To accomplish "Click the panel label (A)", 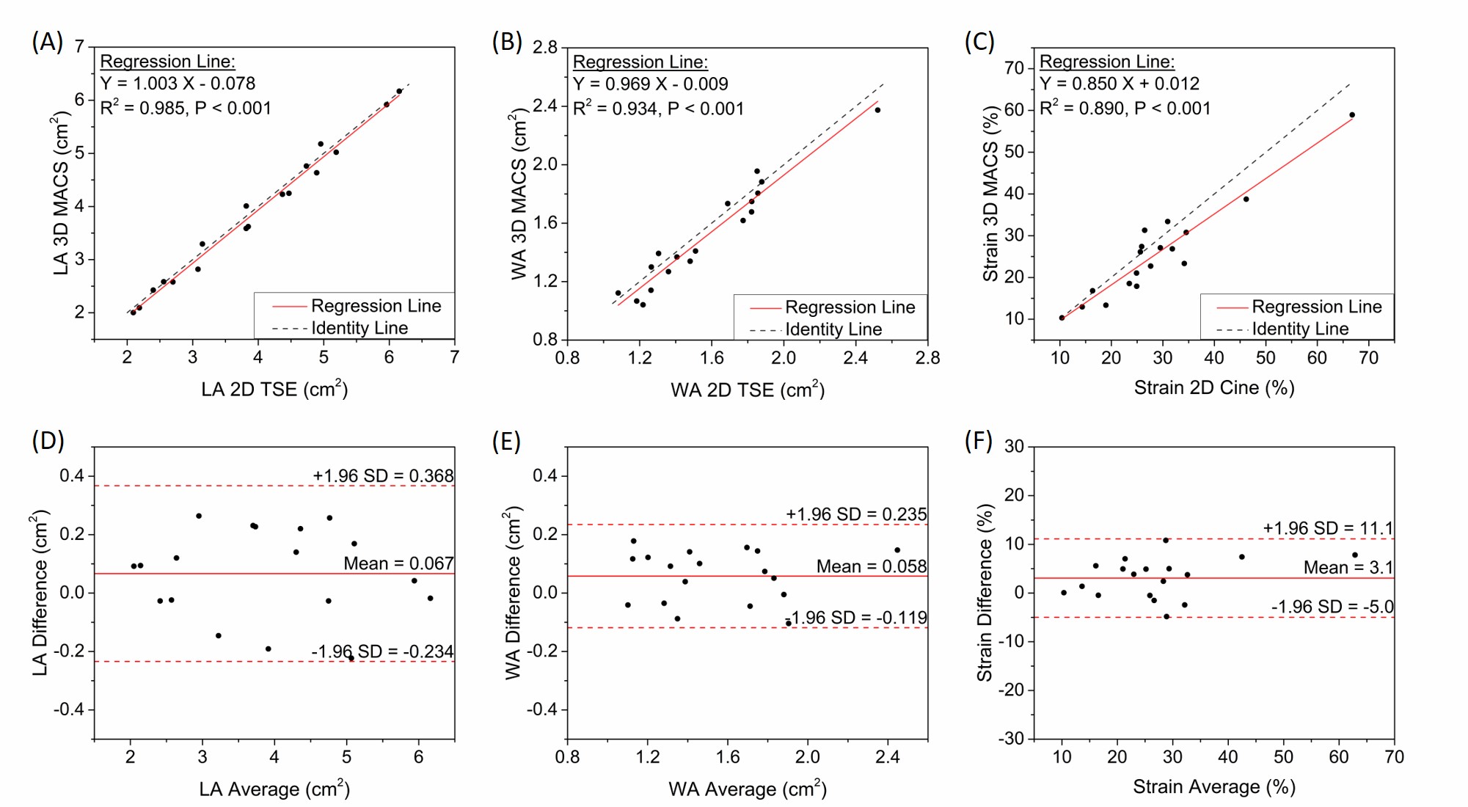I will (47, 42).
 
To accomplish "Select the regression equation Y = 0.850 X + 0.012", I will (1119, 84).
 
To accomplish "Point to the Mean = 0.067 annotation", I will (398, 563).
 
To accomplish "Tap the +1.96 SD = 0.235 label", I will (856, 514).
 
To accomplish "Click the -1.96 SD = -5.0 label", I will (1332, 607).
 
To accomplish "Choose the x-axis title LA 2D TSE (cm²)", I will (274, 389).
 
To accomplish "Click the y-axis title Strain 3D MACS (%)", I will (991, 194).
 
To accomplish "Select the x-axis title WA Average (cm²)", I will (747, 789).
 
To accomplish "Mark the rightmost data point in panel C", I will (1352, 115).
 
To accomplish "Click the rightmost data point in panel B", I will (877, 110).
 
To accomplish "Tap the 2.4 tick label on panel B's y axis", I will (545, 106).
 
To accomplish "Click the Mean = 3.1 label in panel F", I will (1348, 567).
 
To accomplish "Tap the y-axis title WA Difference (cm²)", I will (514, 593).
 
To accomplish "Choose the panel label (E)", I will (506, 442).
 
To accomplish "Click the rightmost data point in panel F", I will (1355, 555).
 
